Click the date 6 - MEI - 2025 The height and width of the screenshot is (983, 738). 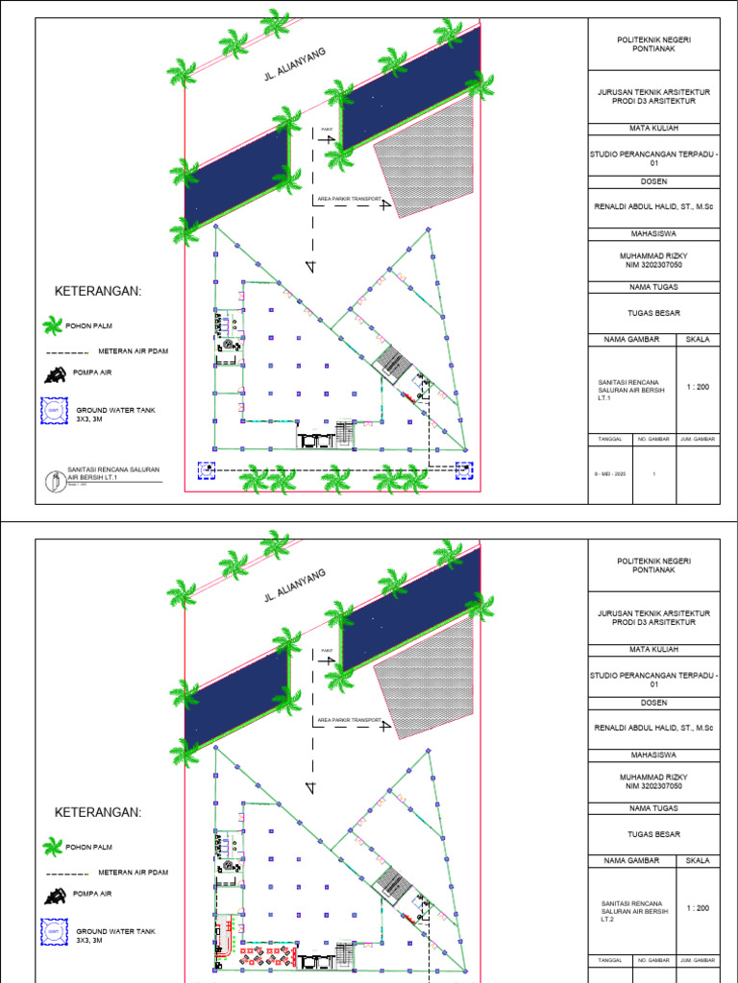coord(610,473)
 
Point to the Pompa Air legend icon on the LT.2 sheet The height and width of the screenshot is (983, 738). coord(54,895)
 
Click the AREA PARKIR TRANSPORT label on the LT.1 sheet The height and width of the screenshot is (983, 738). coord(349,199)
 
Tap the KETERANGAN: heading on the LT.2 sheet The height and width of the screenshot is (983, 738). coord(98,812)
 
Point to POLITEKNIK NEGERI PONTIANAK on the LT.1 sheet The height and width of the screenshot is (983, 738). coord(653,44)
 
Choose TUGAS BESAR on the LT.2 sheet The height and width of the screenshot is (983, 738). coord(653,834)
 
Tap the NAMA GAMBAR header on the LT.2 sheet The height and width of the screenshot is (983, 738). coord(629,861)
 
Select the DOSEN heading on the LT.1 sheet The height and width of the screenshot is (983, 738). coord(653,180)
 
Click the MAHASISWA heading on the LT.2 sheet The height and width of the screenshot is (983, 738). coord(653,754)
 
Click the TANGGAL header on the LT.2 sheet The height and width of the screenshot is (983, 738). coord(610,960)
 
